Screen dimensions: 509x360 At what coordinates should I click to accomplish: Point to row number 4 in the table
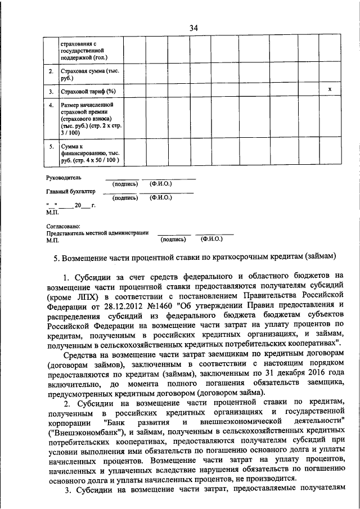pos(51,105)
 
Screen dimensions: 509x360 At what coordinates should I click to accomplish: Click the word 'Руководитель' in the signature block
pos(63,178)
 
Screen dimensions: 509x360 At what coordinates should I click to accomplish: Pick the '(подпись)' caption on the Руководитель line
pos(126,184)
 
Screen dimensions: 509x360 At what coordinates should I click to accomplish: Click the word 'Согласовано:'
pos(63,226)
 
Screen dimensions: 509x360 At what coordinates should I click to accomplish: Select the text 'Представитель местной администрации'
pos(97,232)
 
